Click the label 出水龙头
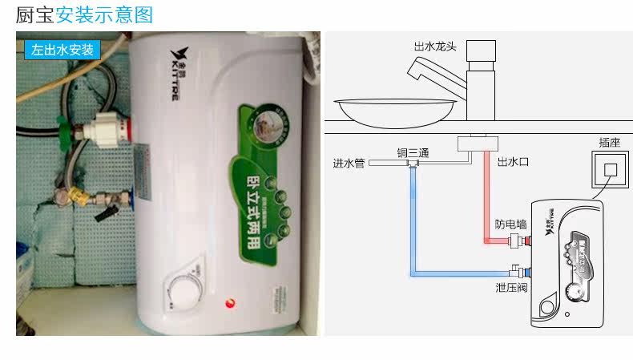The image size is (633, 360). (x=434, y=47)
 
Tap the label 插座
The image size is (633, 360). (x=609, y=142)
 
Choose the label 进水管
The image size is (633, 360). (x=349, y=163)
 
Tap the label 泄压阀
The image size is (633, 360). (x=510, y=286)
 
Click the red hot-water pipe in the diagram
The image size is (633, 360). (x=487, y=200)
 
